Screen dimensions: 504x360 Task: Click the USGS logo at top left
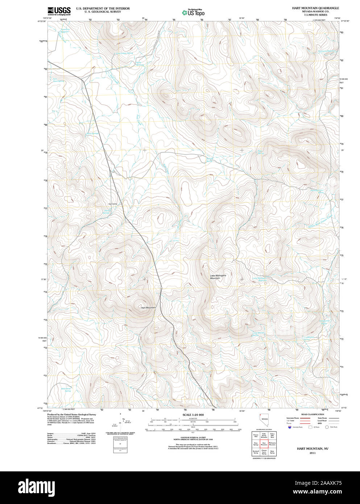pos(58,11)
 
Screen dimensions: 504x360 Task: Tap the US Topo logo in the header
pos(194,12)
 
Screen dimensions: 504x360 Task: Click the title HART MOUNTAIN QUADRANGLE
pos(315,8)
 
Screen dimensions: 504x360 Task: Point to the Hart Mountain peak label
pos(148,307)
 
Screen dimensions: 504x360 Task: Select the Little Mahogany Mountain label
pos(218,277)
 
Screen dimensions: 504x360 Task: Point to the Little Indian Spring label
pos(124,53)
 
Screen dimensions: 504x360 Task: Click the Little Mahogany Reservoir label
pos(259,279)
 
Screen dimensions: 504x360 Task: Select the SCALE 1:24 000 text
pos(193,415)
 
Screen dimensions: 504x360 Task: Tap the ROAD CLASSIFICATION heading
pos(313,414)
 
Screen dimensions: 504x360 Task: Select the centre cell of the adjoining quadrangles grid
pos(264,443)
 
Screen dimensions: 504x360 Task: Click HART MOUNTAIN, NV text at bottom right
pos(313,449)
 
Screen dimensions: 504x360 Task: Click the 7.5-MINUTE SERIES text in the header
pos(315,15)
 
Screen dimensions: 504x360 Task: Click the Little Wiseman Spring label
pos(258,334)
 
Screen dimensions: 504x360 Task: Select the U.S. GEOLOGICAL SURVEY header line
pos(103,12)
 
